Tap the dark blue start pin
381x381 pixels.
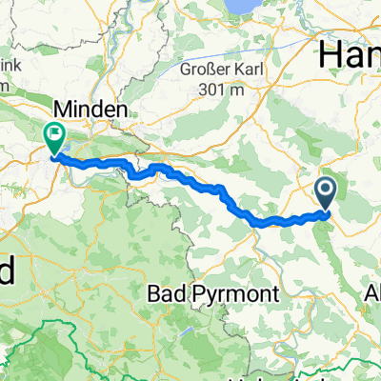[x=326, y=194]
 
